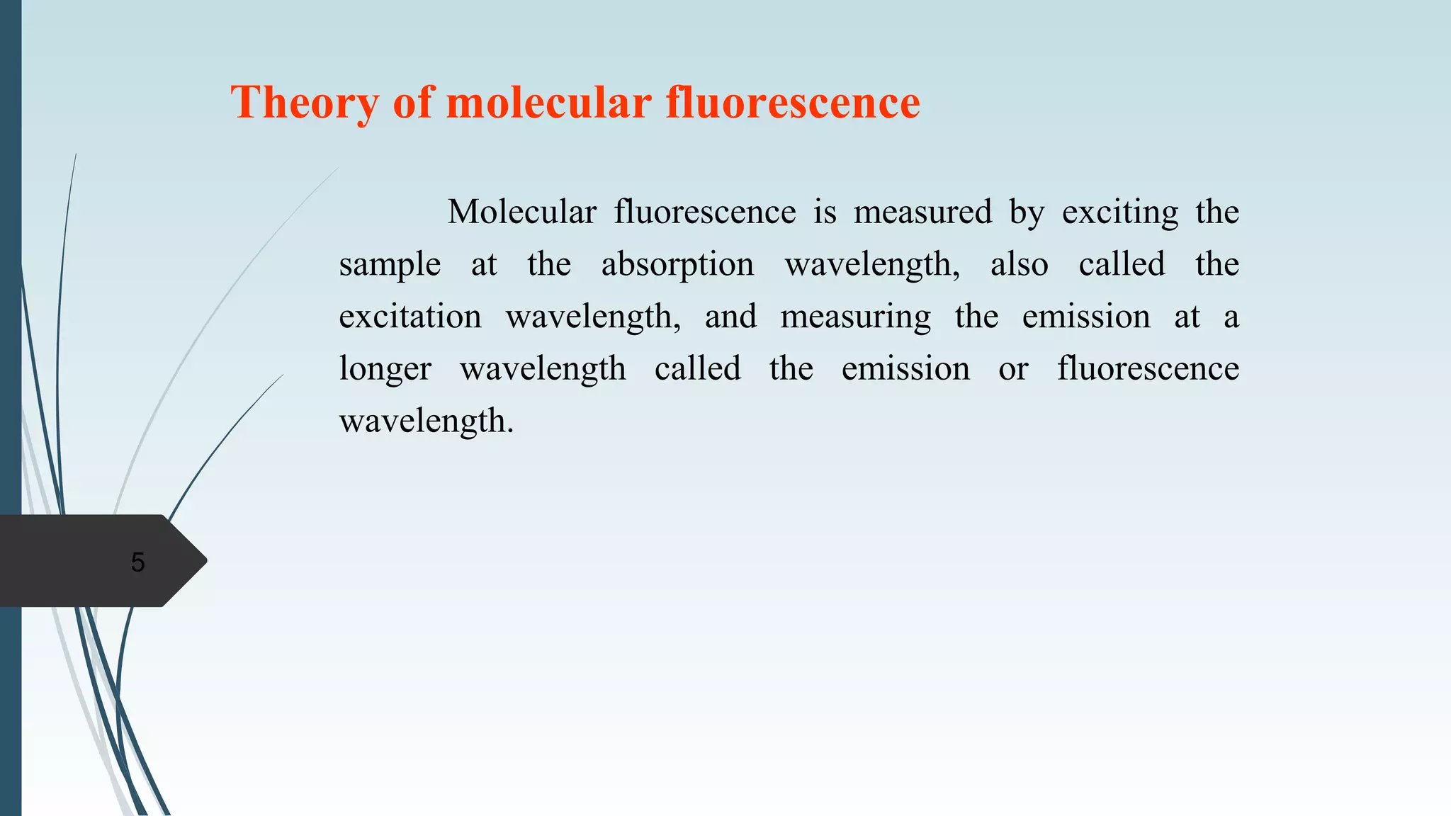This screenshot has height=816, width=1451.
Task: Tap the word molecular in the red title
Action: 548,102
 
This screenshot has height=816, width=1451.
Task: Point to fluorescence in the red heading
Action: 793,102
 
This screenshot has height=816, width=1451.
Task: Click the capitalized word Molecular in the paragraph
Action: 522,212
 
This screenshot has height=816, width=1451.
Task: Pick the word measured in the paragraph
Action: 922,212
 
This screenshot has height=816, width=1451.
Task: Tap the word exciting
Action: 1120,212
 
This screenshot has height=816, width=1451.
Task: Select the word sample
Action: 390,265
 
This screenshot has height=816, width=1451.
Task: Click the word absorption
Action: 677,264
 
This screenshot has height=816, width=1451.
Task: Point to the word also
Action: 1019,264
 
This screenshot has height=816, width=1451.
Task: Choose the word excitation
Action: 410,316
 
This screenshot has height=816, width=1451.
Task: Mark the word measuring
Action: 856,317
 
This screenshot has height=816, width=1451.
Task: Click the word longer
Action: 385,369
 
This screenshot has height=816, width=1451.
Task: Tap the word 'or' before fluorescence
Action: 1013,369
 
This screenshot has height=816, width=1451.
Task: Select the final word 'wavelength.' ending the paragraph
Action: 426,421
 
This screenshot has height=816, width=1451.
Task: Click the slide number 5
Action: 138,562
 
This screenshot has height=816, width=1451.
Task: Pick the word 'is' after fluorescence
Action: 825,212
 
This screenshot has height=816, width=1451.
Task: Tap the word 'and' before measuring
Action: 730,316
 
